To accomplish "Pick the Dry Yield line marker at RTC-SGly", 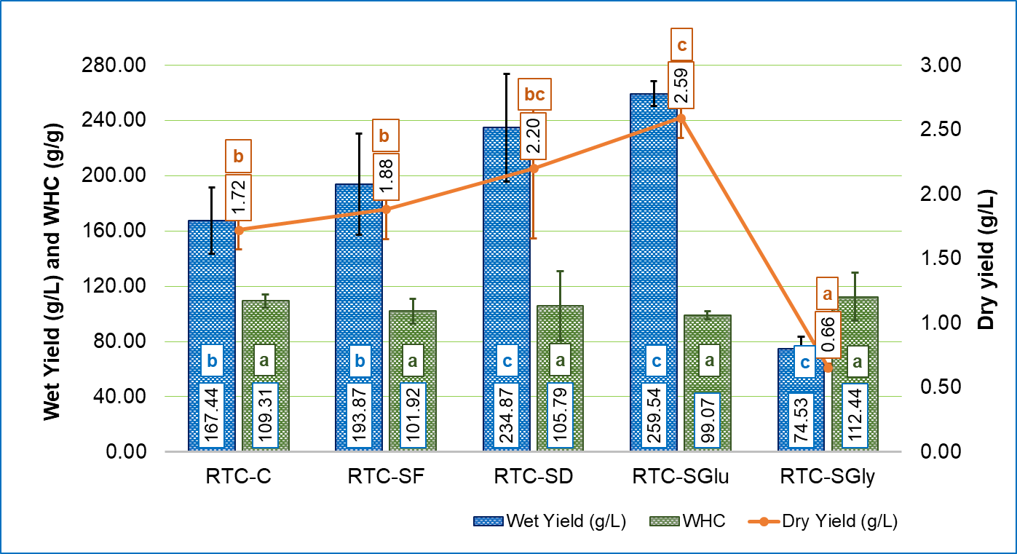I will [828, 367].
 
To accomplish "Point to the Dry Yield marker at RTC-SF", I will [386, 209].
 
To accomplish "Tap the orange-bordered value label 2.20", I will [533, 135].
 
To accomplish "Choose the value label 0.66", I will [827, 335].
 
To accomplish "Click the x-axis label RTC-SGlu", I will [681, 478].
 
